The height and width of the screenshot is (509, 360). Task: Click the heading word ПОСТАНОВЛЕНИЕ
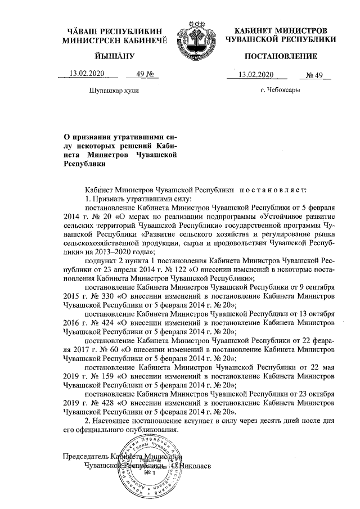pos(280,56)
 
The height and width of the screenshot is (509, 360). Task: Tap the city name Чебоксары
pos(280,90)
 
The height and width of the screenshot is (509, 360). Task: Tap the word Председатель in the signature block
pos(86,456)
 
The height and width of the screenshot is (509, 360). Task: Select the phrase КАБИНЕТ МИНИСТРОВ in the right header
pos(280,29)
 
